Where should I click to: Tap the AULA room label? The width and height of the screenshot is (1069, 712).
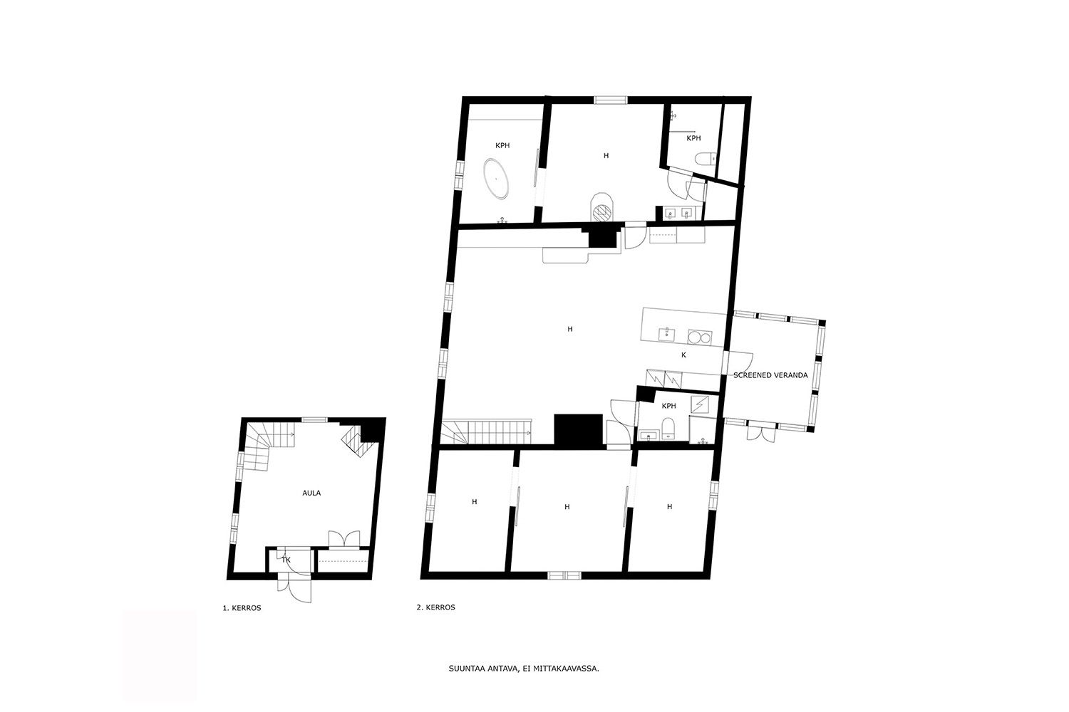click(311, 493)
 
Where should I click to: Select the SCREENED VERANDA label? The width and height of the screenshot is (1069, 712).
click(770, 375)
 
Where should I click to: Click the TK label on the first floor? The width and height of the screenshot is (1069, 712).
click(286, 560)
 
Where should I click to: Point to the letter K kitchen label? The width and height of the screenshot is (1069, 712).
click(683, 355)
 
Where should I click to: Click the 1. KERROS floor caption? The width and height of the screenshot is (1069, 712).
click(242, 608)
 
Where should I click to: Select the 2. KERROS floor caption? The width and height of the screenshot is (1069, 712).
click(435, 607)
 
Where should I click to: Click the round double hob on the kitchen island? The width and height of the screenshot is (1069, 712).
click(700, 337)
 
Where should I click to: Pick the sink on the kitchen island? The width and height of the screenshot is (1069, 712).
click(666, 335)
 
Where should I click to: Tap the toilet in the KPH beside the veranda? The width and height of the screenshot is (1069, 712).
click(668, 428)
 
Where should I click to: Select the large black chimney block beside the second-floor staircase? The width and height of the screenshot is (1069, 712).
click(578, 430)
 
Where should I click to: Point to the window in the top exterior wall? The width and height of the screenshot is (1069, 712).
click(611, 100)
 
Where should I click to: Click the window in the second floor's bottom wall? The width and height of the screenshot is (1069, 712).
click(564, 575)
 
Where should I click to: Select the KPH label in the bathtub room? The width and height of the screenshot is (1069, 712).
click(502, 145)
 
